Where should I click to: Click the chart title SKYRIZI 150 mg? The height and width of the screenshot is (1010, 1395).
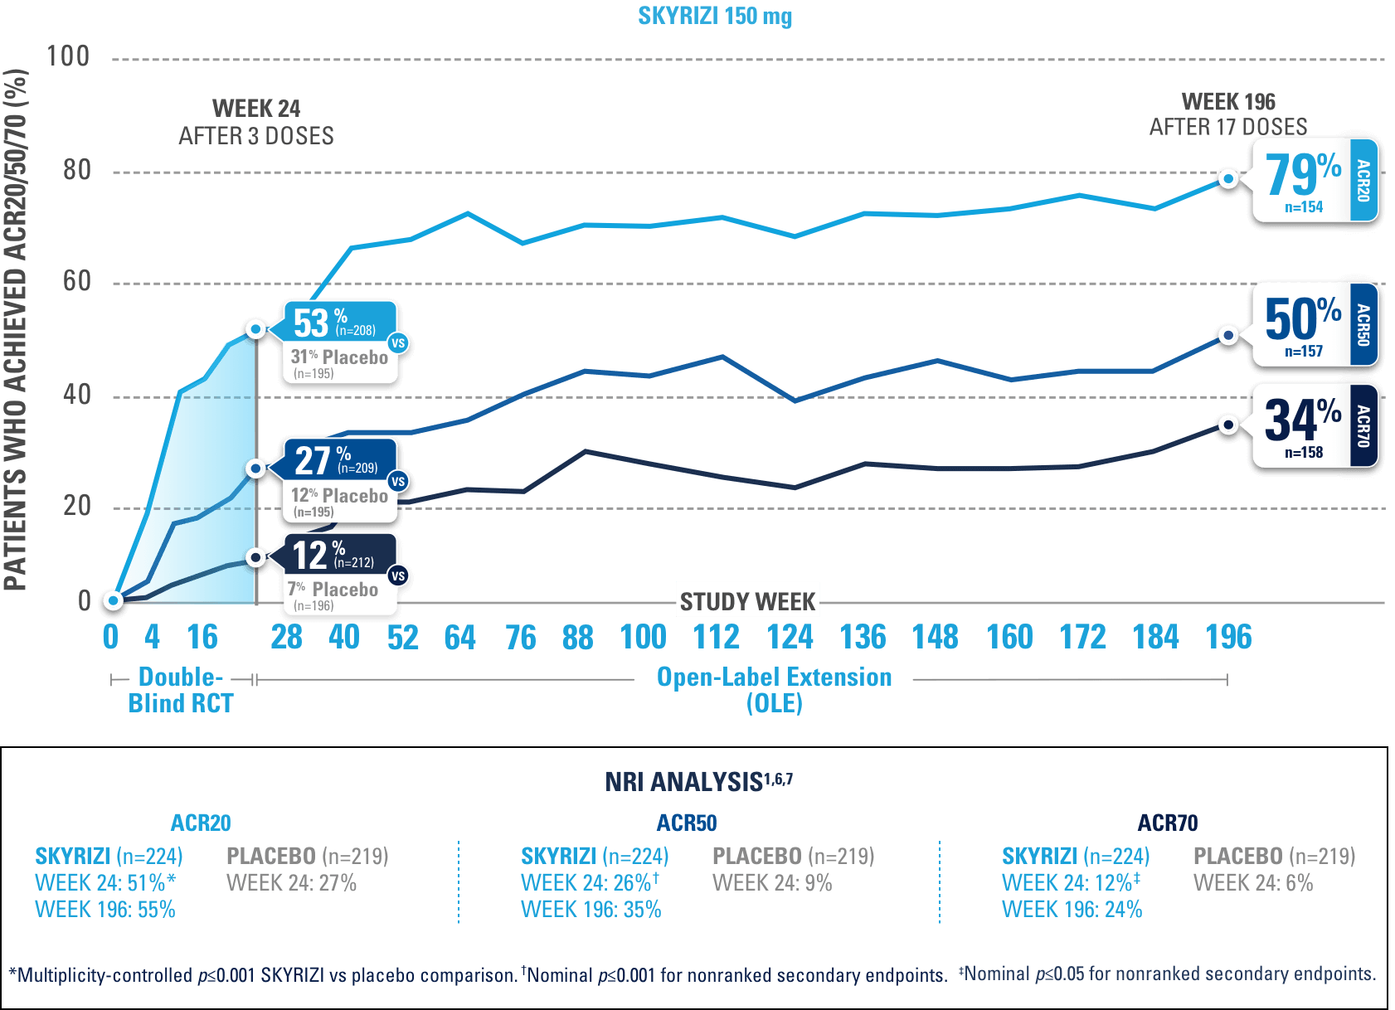[715, 17]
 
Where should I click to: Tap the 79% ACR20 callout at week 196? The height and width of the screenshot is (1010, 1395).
[1314, 181]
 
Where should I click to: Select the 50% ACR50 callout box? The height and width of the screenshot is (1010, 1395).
[1314, 325]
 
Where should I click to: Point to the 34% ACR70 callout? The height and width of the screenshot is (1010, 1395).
[1314, 425]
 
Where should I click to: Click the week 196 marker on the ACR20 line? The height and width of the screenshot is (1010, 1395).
[1228, 178]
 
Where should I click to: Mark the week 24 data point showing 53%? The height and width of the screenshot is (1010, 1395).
[256, 329]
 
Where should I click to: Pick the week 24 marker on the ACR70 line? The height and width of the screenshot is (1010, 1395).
[256, 557]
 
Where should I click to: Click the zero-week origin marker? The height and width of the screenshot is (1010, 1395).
[114, 600]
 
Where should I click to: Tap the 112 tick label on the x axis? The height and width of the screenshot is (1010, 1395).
[716, 637]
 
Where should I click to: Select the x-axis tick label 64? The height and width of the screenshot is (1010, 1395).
[459, 637]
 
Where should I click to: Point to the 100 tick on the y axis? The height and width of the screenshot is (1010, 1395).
[68, 56]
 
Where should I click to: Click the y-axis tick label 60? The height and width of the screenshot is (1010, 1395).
[76, 282]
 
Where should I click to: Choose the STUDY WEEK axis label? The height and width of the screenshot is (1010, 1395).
[747, 600]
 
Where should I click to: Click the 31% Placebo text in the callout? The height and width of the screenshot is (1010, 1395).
[339, 357]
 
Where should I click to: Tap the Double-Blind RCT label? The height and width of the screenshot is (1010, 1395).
[181, 690]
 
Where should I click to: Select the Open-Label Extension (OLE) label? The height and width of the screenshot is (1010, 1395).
[774, 690]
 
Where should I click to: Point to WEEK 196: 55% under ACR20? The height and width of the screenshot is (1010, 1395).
[105, 910]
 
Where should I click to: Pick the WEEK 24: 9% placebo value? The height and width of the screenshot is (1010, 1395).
[771, 883]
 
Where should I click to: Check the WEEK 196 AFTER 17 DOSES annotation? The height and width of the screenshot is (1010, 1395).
[1228, 114]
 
